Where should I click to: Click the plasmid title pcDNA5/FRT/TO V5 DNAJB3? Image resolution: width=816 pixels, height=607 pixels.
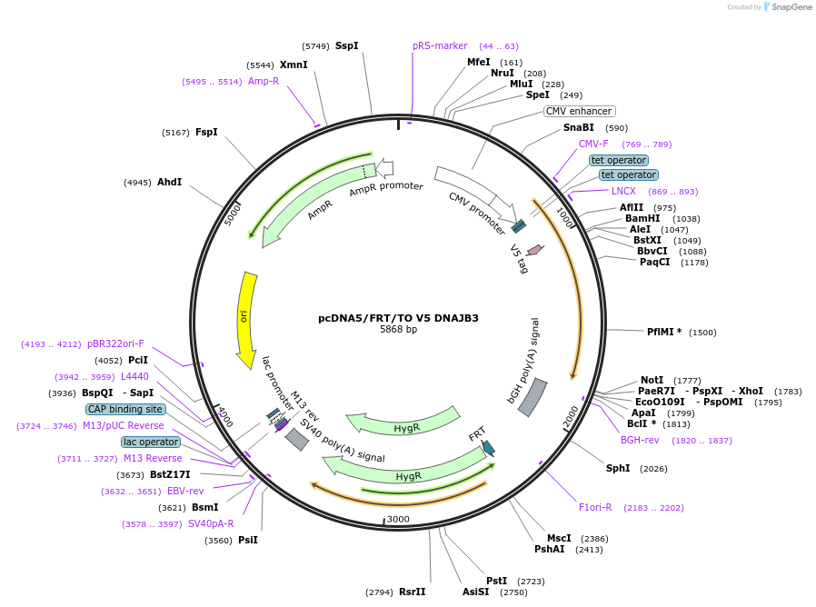pyautogui.click(x=398, y=318)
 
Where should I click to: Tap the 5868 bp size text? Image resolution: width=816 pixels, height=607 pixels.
pyautogui.click(x=398, y=330)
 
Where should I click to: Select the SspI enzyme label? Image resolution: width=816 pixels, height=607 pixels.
pyautogui.click(x=346, y=45)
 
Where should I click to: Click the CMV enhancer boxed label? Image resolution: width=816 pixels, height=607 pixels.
pyautogui.click(x=579, y=112)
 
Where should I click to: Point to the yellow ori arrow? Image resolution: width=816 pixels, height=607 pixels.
pyautogui.click(x=246, y=319)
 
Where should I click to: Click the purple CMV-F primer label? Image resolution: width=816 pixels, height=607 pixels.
pyautogui.click(x=593, y=144)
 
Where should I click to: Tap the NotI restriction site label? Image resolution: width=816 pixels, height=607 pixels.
pyautogui.click(x=652, y=380)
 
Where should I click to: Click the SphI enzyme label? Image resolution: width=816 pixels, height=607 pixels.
pyautogui.click(x=618, y=469)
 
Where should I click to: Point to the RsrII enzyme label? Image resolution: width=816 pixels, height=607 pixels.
pyautogui.click(x=412, y=592)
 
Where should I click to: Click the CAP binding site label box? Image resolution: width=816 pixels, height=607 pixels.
pyautogui.click(x=125, y=410)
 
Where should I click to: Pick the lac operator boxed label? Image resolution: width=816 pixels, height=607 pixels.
pyautogui.click(x=151, y=443)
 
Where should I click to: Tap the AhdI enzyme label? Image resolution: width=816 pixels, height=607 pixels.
pyautogui.click(x=169, y=182)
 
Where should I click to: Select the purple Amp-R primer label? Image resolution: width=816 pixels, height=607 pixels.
pyautogui.click(x=264, y=81)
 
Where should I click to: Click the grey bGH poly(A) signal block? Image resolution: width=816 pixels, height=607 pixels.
pyautogui.click(x=532, y=397)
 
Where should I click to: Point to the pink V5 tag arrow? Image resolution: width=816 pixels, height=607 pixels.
pyautogui.click(x=534, y=249)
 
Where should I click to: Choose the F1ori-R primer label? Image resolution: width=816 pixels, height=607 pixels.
pyautogui.click(x=595, y=507)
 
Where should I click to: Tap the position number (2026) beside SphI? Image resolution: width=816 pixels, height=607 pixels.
pyautogui.click(x=654, y=469)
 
